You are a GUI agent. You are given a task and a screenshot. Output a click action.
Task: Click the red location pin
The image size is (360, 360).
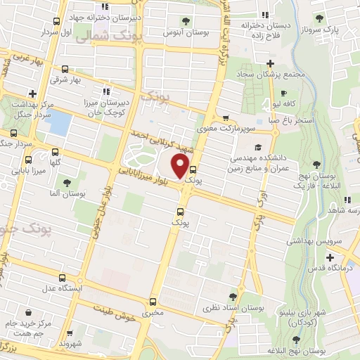pos(181,167)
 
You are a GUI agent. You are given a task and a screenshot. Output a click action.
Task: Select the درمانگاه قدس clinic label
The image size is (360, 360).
pos(330,268)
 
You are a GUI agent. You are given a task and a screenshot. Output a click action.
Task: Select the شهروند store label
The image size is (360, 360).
pos(71,344)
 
